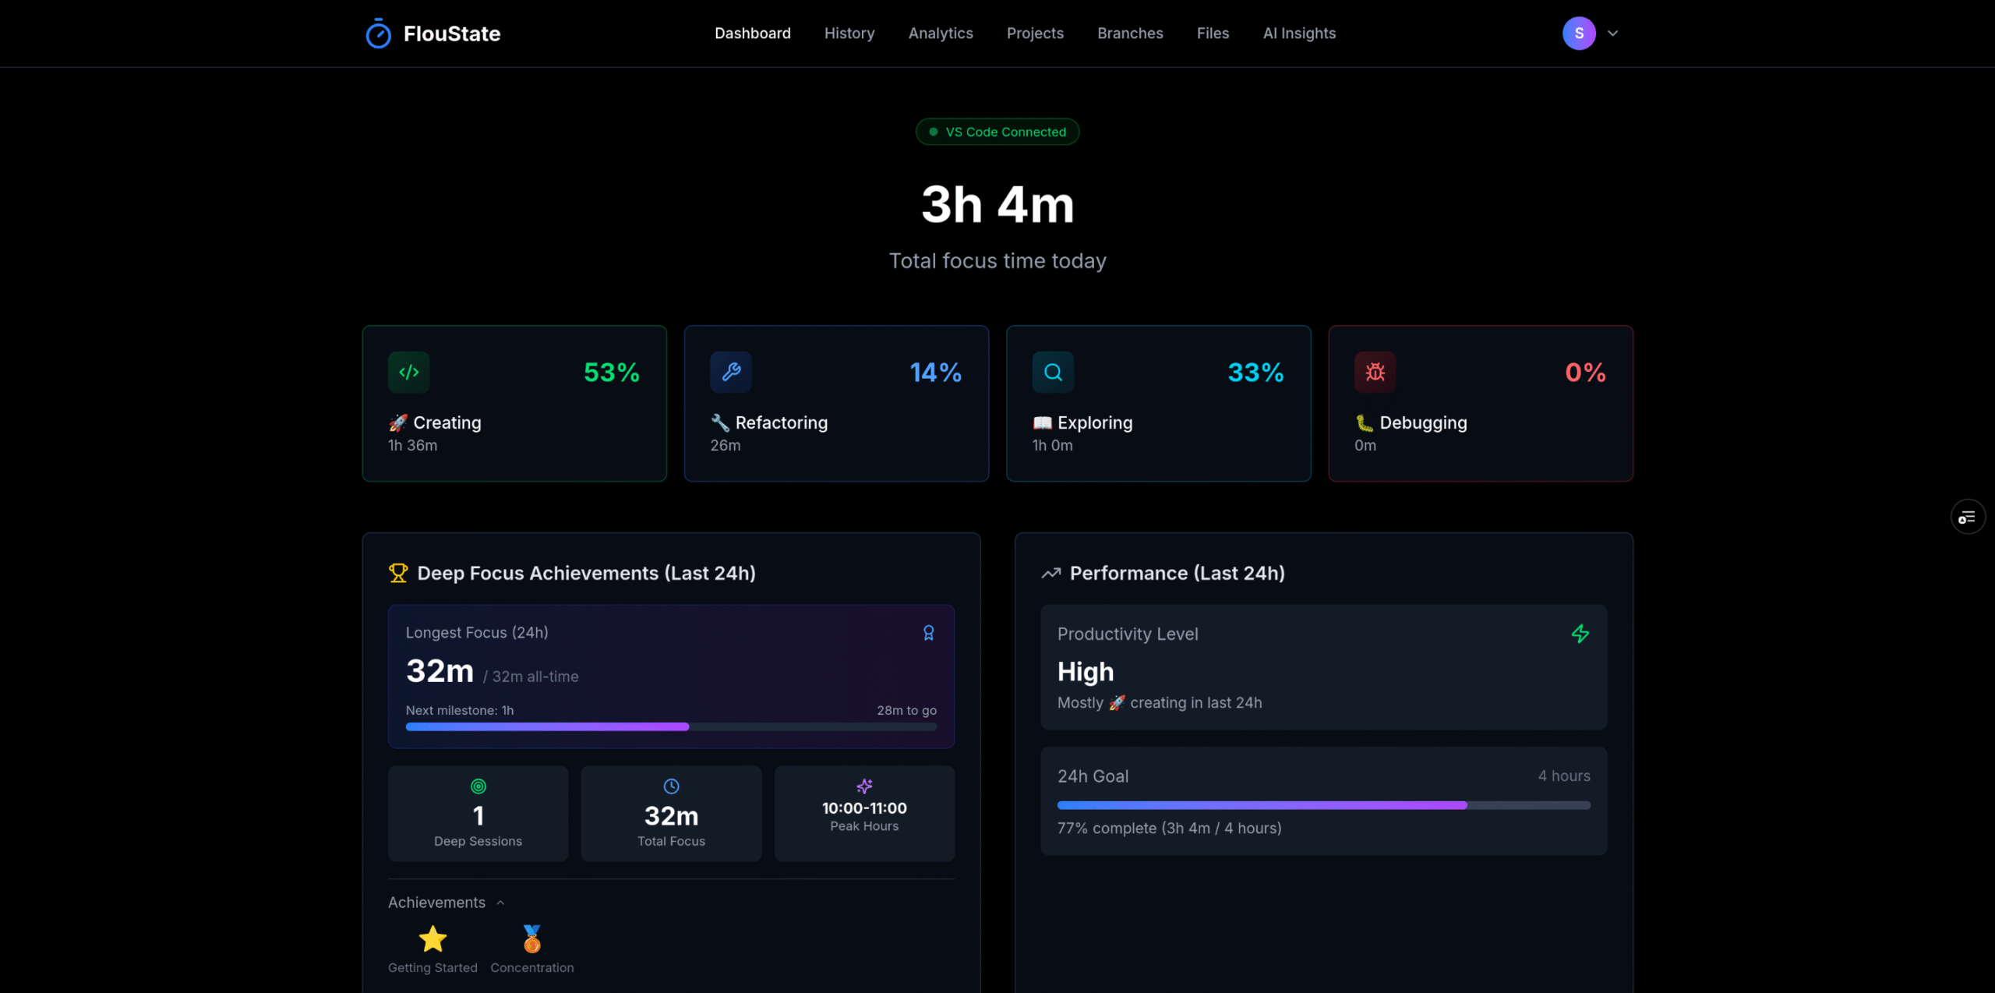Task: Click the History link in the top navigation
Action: pyautogui.click(x=849, y=34)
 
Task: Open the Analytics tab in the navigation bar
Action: pyautogui.click(x=941, y=34)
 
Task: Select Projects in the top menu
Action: pyautogui.click(x=1035, y=34)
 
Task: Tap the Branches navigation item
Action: pyautogui.click(x=1130, y=34)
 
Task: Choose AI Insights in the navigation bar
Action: pyautogui.click(x=1299, y=34)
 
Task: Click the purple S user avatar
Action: pyautogui.click(x=1579, y=34)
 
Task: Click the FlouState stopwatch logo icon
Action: pyautogui.click(x=379, y=34)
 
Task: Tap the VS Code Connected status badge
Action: pyautogui.click(x=997, y=132)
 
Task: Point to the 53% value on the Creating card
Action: pyautogui.click(x=612, y=373)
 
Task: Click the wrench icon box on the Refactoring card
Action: pyautogui.click(x=731, y=372)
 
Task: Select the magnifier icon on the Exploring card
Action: pyautogui.click(x=1053, y=372)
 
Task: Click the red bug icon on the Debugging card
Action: pyautogui.click(x=1375, y=372)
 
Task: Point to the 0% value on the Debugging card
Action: pyautogui.click(x=1585, y=373)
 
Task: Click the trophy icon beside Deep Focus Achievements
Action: pyautogui.click(x=398, y=573)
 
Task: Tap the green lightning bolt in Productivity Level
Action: pyautogui.click(x=1580, y=634)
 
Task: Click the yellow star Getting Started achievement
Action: pyautogui.click(x=433, y=940)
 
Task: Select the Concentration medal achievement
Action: pyautogui.click(x=532, y=940)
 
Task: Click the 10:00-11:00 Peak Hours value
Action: pyautogui.click(x=864, y=808)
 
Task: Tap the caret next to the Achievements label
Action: pyautogui.click(x=500, y=903)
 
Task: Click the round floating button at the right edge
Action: pyautogui.click(x=1967, y=517)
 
